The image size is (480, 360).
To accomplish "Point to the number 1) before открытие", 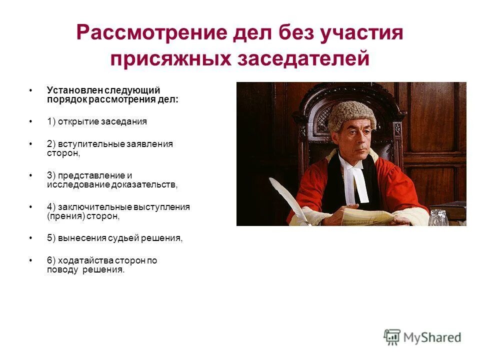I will [x=51, y=121].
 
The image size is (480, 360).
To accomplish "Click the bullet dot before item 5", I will [x=31, y=238].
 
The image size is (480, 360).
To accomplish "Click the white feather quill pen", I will [x=287, y=197].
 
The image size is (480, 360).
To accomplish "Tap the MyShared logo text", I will [x=432, y=337].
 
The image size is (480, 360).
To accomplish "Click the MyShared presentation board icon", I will [x=392, y=337].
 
